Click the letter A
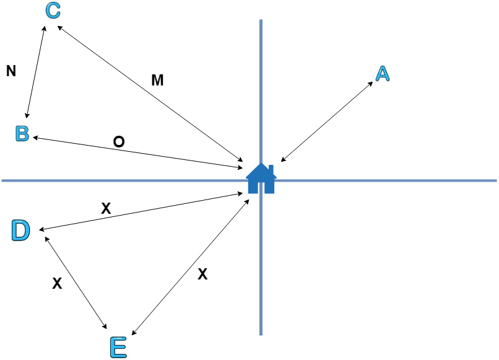point(383,74)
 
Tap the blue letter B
point(22,133)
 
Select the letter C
point(53,11)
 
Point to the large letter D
point(20,230)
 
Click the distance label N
point(11,71)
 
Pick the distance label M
point(157,80)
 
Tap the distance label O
point(119,142)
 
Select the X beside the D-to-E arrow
point(57,284)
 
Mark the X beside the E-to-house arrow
point(202,274)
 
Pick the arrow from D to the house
point(141,212)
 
